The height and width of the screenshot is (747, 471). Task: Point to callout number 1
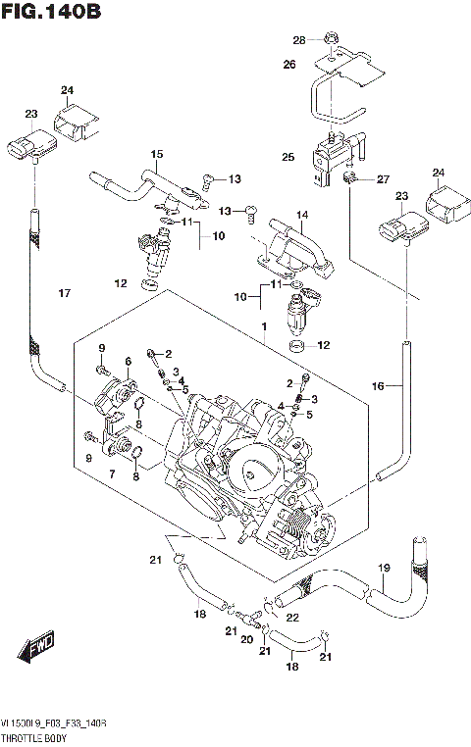pyautogui.click(x=263, y=325)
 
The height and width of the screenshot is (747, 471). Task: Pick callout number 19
pyautogui.click(x=384, y=568)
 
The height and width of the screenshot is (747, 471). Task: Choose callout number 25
pyautogui.click(x=288, y=157)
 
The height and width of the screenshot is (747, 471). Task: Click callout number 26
pyautogui.click(x=288, y=65)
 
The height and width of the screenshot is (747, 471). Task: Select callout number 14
pyautogui.click(x=303, y=215)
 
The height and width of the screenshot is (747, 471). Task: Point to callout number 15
pyautogui.click(x=156, y=154)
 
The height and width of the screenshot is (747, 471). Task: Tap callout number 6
pyautogui.click(x=128, y=362)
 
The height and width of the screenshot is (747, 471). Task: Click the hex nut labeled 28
pyautogui.click(x=332, y=41)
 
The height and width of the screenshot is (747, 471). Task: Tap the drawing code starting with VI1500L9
pyautogui.click(x=54, y=722)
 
